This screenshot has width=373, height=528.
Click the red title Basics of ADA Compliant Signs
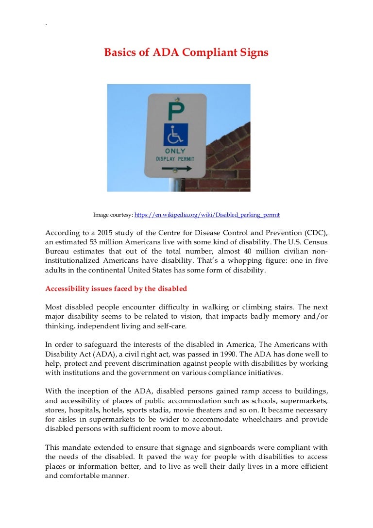point(186,52)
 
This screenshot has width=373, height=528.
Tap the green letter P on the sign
point(174,112)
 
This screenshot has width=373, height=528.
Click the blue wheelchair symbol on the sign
point(175,136)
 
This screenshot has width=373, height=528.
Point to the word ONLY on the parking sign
point(175,152)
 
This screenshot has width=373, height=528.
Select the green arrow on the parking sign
point(177,169)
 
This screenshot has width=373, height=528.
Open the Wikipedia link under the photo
point(207,214)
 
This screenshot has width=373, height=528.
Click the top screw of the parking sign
point(177,99)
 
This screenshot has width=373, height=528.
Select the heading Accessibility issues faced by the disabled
point(116,289)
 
